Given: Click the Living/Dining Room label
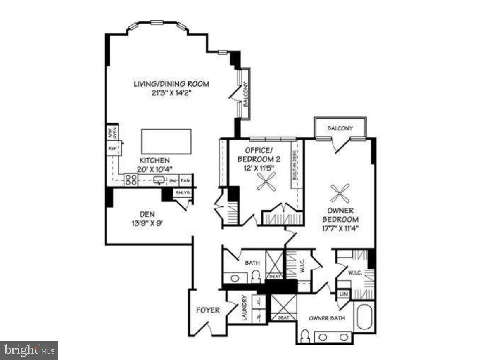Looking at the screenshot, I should (x=171, y=84).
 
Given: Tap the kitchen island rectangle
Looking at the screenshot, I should (x=166, y=141).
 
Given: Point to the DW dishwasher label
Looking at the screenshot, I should (x=173, y=181).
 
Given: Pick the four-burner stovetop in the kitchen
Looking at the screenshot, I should (x=131, y=180).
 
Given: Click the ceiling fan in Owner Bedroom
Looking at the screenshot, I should (x=340, y=191).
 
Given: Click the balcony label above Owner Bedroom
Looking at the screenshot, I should (x=340, y=128).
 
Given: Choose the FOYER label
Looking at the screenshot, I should (x=208, y=310).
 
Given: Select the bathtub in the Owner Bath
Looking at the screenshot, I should (x=364, y=317).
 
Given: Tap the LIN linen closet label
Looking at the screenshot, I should (x=343, y=294).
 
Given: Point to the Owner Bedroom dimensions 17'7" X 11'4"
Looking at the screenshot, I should (x=340, y=227).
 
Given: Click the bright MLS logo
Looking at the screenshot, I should (x=29, y=351).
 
